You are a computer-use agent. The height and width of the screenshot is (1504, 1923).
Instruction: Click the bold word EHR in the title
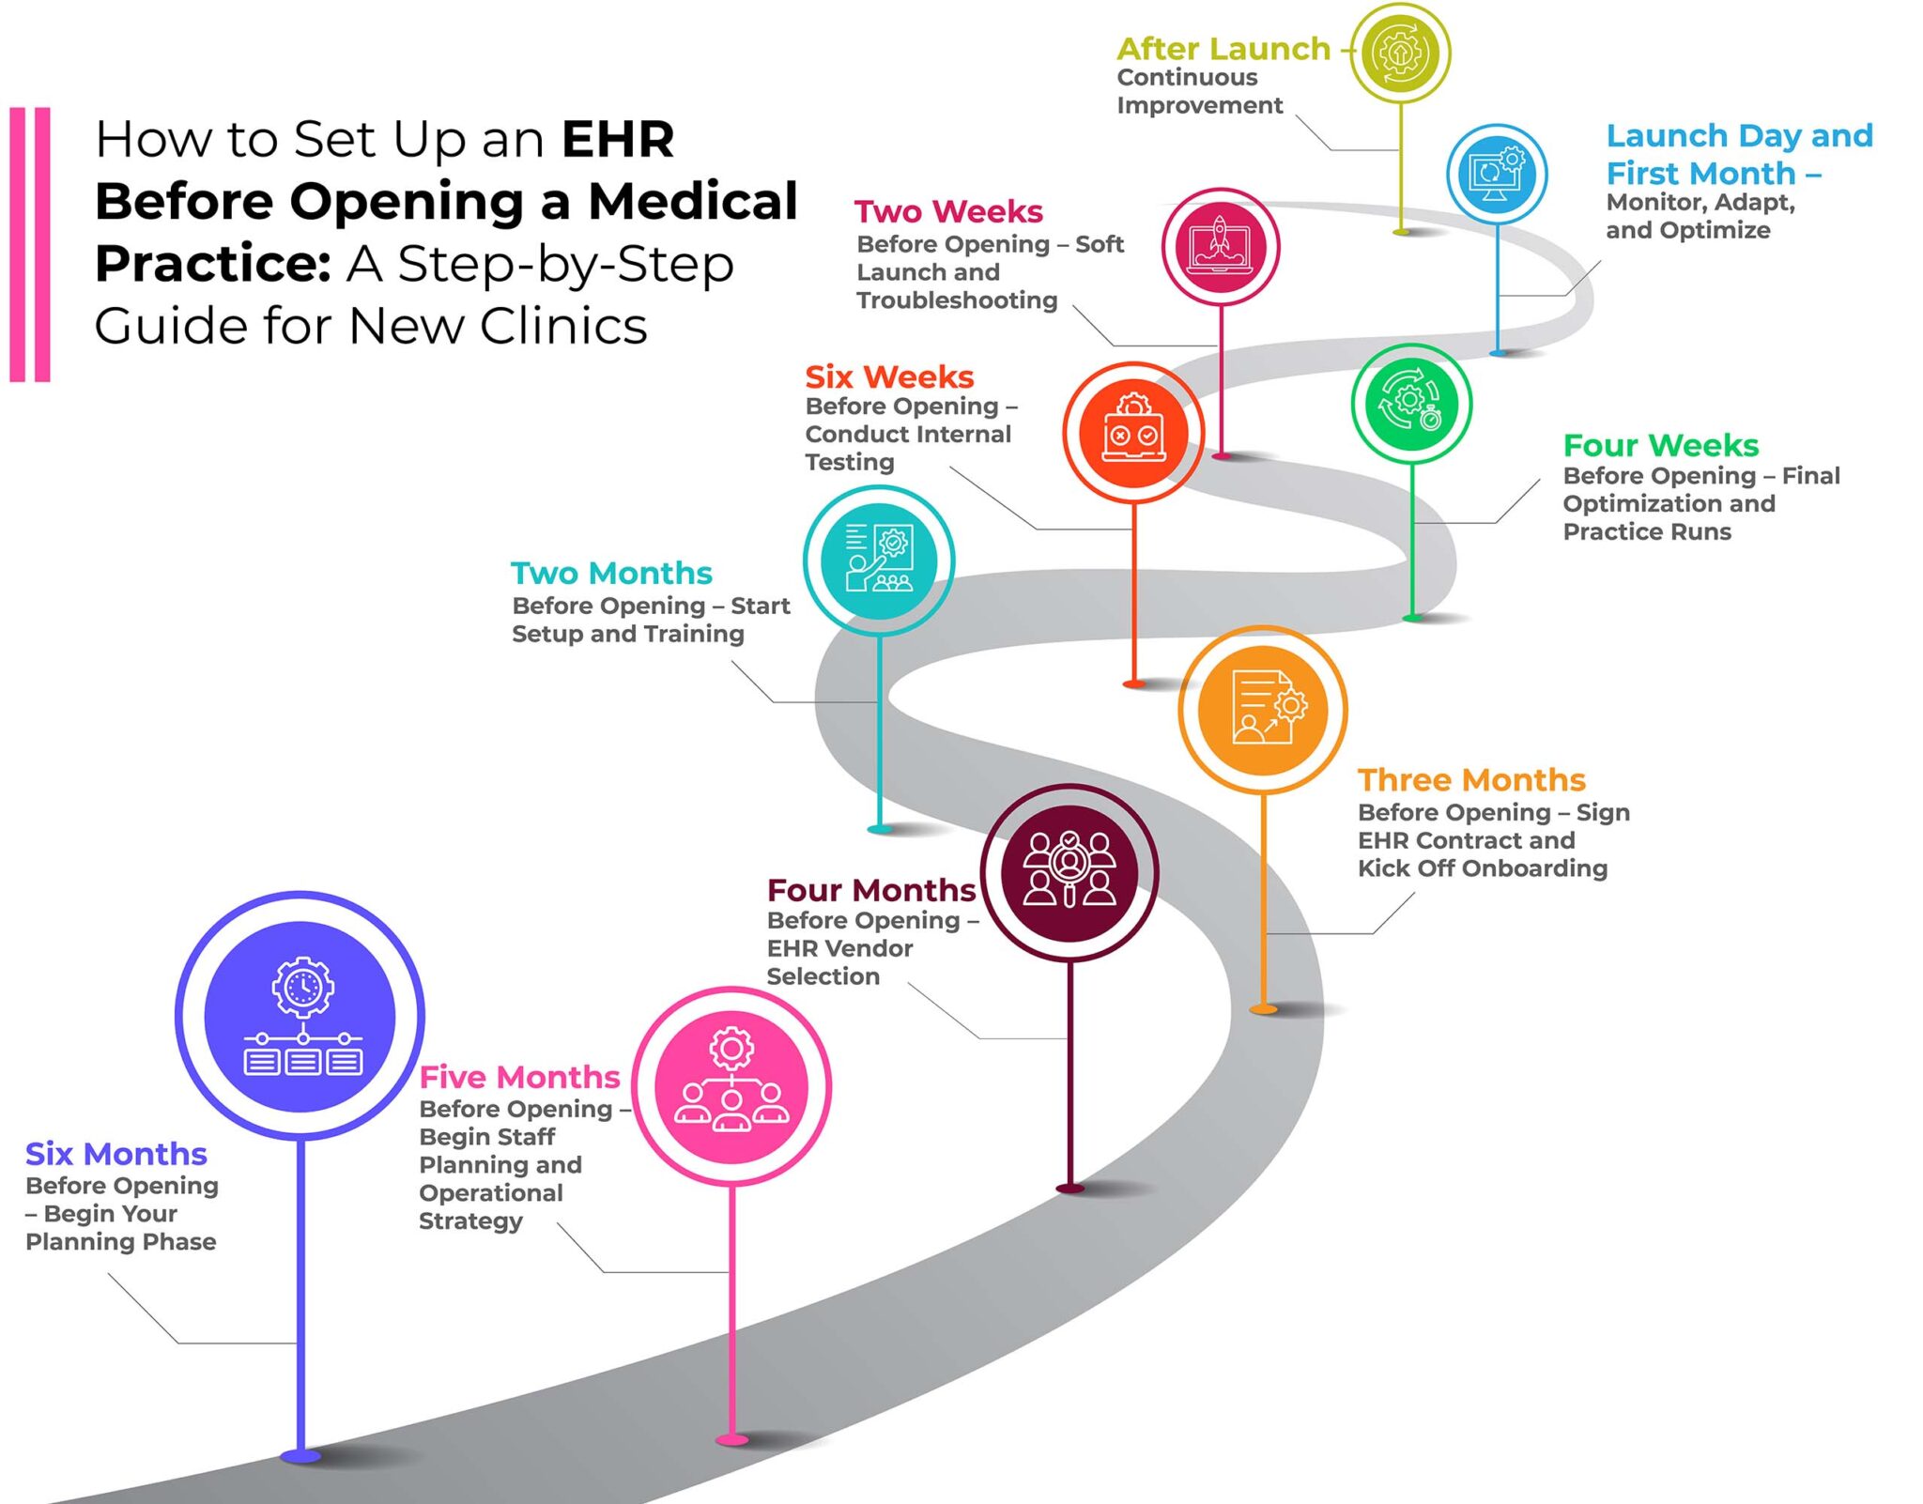coord(617,140)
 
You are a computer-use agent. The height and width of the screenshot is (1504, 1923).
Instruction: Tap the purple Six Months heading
coord(115,1153)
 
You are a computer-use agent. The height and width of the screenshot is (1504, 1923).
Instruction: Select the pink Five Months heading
coord(519,1076)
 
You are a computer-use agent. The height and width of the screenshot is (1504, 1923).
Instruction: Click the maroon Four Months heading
coord(870,889)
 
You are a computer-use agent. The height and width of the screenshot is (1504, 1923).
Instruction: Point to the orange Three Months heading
coord(1470,779)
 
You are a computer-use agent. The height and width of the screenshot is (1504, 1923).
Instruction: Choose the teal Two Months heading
coord(611,573)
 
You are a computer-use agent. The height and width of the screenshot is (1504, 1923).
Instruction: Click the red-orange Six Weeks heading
coord(888,376)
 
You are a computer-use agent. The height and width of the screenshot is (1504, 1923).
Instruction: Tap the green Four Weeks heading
coord(1660,444)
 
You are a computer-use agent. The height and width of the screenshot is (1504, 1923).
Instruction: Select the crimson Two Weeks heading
coord(948,211)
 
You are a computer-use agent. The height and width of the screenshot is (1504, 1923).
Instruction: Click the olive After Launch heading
coord(1223,48)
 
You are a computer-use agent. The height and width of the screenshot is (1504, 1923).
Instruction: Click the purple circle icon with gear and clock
coord(300,1016)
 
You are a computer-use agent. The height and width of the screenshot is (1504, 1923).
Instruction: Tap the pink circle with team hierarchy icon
coord(731,1086)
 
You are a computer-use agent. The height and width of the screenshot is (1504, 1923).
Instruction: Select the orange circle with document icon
coord(1263,709)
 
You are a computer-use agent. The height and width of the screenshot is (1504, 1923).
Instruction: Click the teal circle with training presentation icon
coord(878,560)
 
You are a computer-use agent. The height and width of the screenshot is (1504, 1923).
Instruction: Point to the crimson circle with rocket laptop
coord(1220,247)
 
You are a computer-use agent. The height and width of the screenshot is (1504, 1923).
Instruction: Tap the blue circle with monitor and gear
coord(1497,174)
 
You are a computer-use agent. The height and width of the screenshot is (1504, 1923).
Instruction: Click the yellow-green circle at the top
coord(1400,53)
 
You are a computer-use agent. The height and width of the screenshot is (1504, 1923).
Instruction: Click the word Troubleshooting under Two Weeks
coord(956,300)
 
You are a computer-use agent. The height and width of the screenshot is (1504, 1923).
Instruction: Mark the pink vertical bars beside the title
coord(29,244)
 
